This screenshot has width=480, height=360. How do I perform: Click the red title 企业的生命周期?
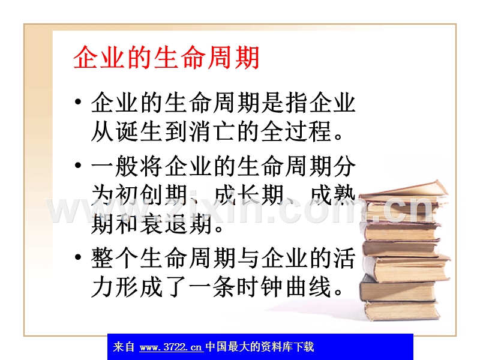(x=167, y=58)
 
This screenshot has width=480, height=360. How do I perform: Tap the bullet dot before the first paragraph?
(x=78, y=101)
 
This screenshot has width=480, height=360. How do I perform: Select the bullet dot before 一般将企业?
(x=78, y=166)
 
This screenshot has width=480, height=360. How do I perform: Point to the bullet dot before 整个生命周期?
(x=78, y=257)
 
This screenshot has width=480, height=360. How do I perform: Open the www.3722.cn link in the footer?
(x=171, y=347)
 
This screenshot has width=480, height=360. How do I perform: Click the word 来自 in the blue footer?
(x=124, y=347)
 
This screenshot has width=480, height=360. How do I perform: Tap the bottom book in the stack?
(x=402, y=310)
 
